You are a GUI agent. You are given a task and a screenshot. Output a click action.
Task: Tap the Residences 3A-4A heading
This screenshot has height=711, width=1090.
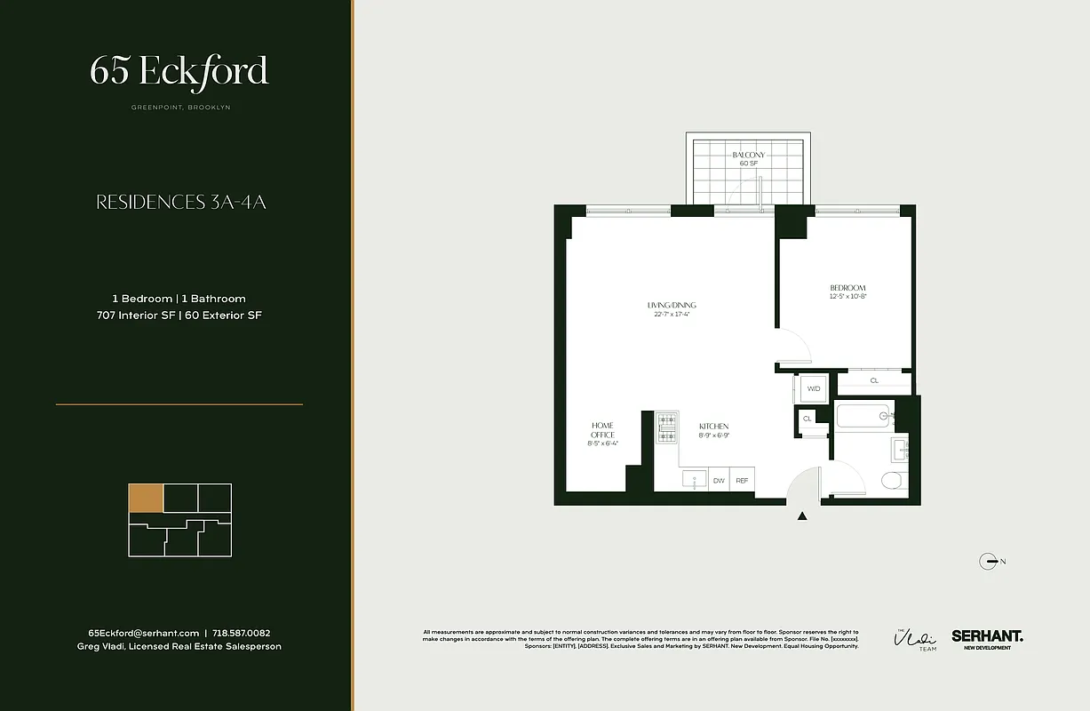[x=181, y=203]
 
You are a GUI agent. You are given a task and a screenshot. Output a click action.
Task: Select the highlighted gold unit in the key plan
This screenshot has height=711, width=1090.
[x=146, y=499]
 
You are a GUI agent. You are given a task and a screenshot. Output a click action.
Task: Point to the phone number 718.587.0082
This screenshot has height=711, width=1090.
[x=248, y=633]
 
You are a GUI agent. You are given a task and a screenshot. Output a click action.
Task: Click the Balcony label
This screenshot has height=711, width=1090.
[x=748, y=155]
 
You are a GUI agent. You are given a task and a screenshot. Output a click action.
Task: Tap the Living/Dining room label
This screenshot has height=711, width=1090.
[x=672, y=306]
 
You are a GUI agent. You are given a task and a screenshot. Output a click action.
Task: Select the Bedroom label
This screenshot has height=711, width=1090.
[x=847, y=288]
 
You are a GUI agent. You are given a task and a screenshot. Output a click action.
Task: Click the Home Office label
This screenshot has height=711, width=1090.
[x=602, y=430]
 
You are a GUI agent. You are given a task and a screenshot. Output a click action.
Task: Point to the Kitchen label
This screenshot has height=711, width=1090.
[x=713, y=427]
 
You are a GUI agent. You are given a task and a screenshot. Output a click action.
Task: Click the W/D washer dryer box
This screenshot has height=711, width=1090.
[x=814, y=388]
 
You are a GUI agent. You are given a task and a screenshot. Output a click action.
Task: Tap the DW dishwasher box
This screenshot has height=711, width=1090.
[x=719, y=480]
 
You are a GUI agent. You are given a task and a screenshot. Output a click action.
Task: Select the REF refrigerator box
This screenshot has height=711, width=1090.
[x=742, y=480]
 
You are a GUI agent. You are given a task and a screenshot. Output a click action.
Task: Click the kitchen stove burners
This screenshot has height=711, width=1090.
[x=666, y=427]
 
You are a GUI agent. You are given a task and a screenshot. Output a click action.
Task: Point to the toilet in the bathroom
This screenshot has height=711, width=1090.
[x=891, y=481]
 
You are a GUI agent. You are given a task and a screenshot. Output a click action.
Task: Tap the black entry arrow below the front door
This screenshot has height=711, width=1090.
[x=803, y=515]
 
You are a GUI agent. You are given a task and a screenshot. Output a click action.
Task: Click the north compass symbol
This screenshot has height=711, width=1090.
[x=988, y=561]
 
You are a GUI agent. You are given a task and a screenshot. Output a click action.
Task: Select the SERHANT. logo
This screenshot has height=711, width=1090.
[x=987, y=636]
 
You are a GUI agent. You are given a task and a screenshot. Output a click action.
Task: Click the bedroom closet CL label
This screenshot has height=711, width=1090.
[x=874, y=380]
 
